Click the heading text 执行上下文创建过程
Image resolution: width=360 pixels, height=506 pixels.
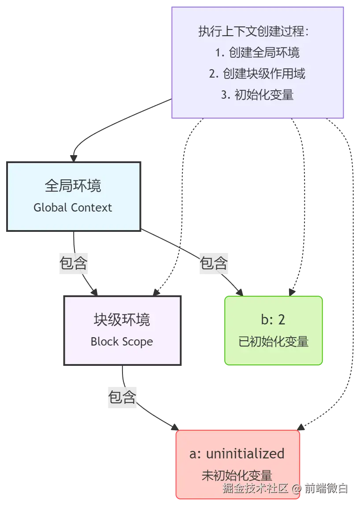pos(253,32)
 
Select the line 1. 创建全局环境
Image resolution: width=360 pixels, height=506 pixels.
pos(257,53)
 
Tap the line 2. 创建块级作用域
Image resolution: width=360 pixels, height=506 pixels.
pos(257,74)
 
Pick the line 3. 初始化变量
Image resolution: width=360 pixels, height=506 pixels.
pos(257,95)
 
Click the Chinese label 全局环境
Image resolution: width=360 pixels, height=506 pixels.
pos(73,186)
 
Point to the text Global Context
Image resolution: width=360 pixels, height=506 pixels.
pos(73,208)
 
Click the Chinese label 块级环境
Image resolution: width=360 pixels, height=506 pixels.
pos(122,319)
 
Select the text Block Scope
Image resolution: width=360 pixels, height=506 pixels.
pos(122,342)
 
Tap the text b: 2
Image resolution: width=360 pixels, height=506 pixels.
pos(273,319)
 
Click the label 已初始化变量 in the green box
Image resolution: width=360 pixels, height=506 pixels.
pos(273,342)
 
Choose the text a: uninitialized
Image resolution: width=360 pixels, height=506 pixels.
pos(237,453)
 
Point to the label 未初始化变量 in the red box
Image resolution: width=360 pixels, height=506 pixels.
pos(237,476)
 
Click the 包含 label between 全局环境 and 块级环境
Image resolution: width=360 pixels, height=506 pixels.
pos(74,263)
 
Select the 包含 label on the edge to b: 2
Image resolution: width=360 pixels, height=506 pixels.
pos(214,263)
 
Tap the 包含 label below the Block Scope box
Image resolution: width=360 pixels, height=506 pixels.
pos(122,397)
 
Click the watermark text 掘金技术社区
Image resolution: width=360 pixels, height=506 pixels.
pos(256,488)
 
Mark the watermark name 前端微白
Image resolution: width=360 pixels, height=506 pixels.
pos(327,488)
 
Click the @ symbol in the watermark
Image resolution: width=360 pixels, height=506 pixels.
pos(297,488)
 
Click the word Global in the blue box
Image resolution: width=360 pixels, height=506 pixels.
pos(49,208)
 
